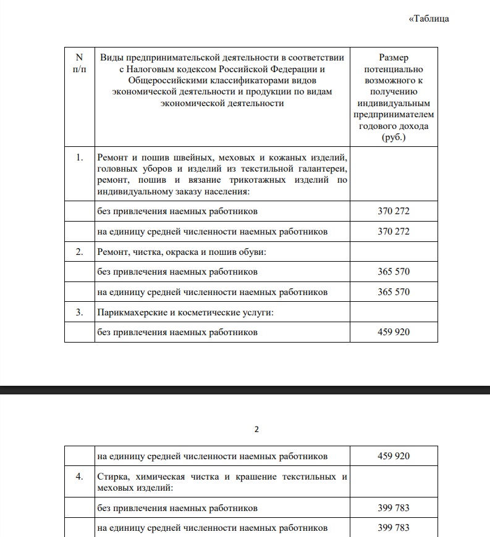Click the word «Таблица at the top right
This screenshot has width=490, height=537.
[429, 19]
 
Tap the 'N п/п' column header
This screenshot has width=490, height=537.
[79, 62]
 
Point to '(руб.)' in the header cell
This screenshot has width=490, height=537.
[394, 137]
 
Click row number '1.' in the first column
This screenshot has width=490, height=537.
[79, 157]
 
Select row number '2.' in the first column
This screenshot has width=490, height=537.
[79, 252]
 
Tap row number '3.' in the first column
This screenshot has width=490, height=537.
[79, 312]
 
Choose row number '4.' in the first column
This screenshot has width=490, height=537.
[79, 477]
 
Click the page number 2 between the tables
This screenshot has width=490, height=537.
[256, 430]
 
